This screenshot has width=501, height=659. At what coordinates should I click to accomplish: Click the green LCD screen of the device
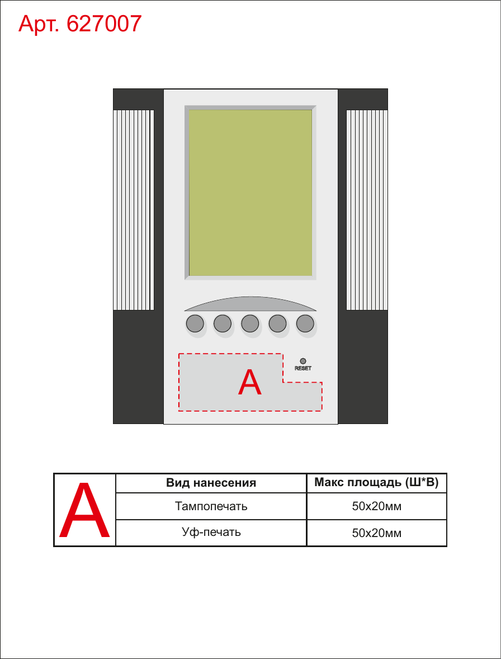pos(250,192)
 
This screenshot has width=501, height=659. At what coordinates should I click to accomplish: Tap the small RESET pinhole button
pos(303,361)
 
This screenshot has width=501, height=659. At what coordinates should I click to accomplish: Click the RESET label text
pos(303,369)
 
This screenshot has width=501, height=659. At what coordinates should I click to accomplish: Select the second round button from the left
pos(223,323)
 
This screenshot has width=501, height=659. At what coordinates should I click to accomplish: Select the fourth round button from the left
pos(277,323)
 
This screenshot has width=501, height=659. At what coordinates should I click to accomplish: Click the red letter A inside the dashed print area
pos(250,382)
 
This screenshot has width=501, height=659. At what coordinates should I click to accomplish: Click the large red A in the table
pos(84,510)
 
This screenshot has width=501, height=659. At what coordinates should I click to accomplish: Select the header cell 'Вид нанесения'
pos(211,483)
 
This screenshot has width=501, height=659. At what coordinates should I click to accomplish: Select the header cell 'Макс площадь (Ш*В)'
pos(377,483)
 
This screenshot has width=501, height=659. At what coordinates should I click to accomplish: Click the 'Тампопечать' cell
pos(211,506)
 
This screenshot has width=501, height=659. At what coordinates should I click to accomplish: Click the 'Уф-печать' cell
pos(211,533)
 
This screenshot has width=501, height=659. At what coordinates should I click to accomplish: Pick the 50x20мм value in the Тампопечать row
pos(377,507)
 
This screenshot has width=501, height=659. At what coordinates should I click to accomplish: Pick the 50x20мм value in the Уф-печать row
pos(377,533)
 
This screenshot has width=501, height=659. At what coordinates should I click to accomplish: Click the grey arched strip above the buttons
pos(250,304)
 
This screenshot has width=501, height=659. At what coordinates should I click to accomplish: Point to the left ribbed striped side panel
pos(134,210)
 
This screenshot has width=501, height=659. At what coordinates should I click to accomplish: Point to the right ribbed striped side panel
pos(367,210)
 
